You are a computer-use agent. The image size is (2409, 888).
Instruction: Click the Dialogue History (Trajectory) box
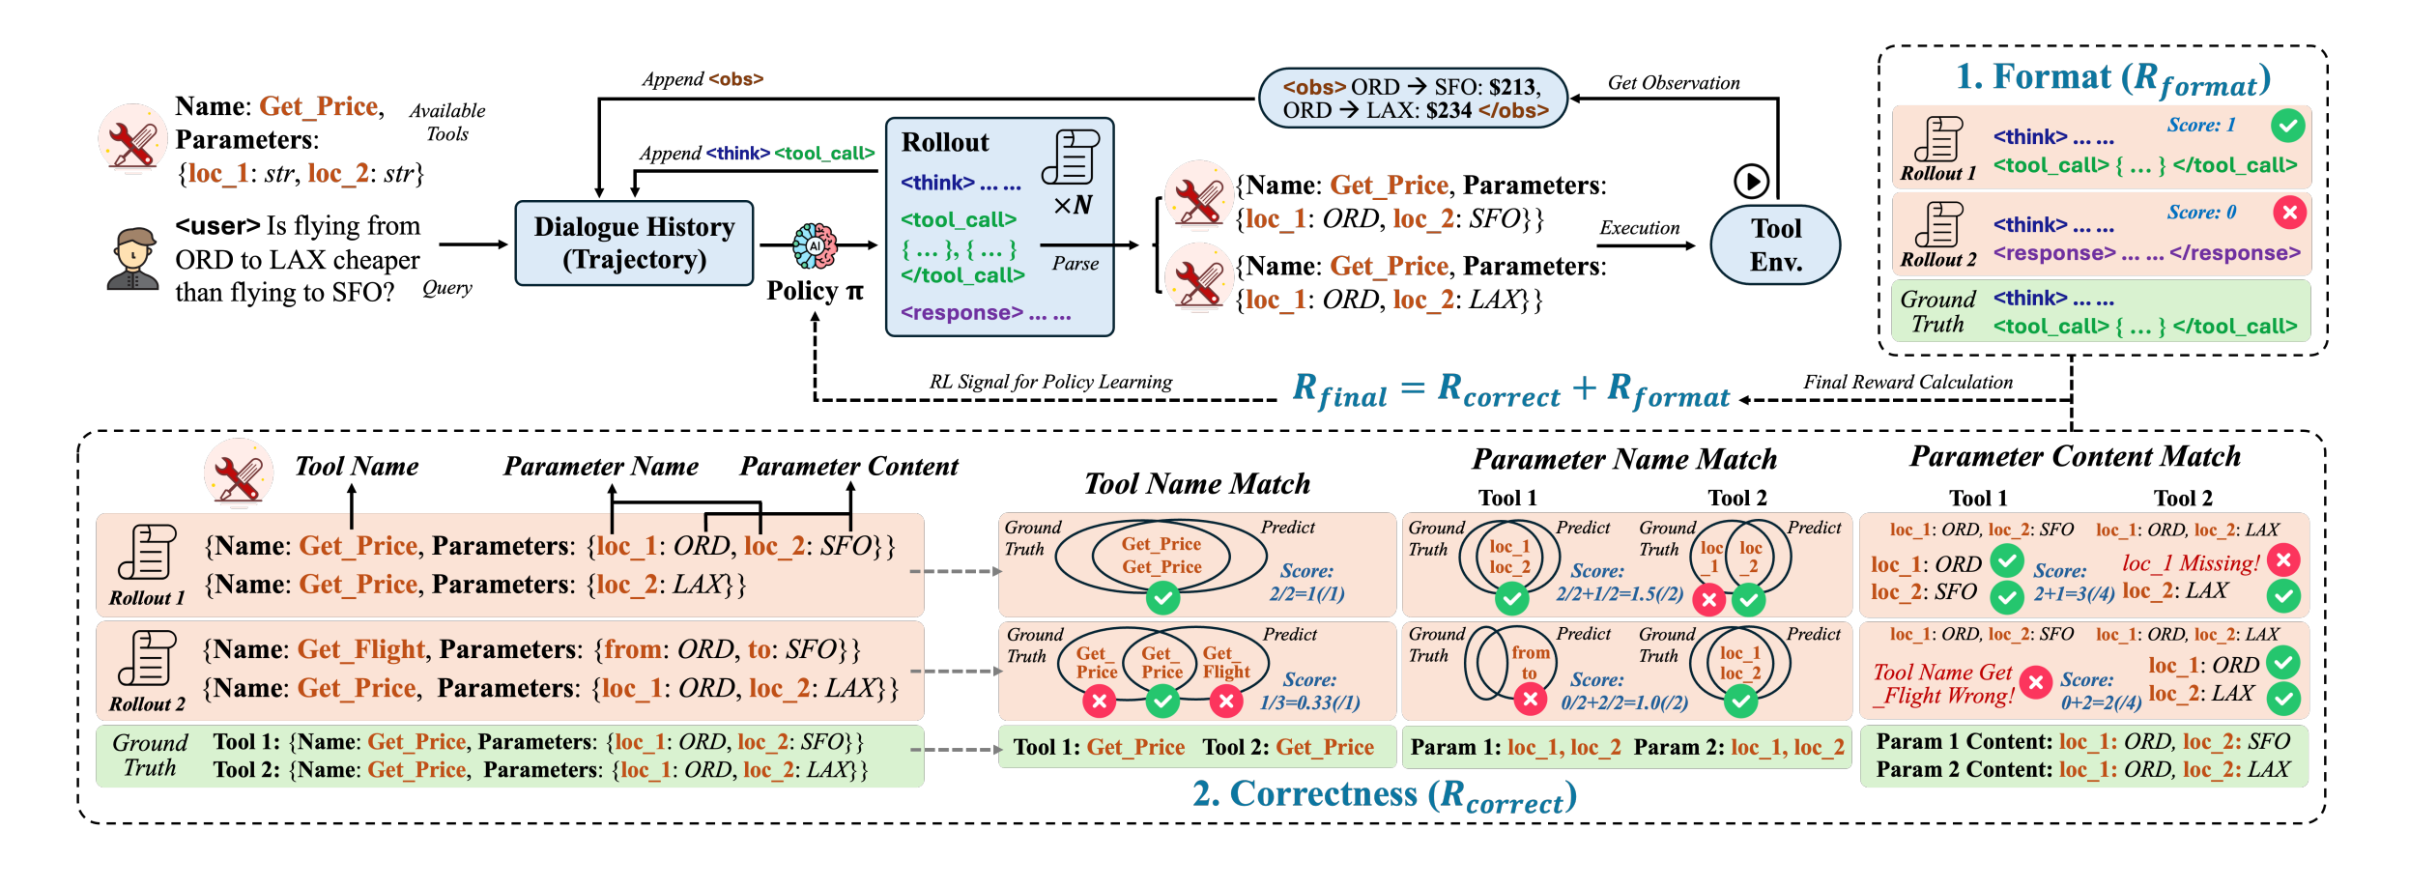click(634, 243)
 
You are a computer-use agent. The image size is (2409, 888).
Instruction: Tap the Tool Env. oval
click(1775, 244)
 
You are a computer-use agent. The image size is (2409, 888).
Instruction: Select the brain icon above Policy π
click(815, 245)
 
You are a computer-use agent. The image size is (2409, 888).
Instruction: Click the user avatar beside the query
click(132, 259)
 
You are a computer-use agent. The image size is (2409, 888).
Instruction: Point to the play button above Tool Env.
click(1751, 181)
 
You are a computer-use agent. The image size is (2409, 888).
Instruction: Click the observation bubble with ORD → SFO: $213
click(1412, 99)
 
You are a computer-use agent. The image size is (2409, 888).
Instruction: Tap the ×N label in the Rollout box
click(1073, 205)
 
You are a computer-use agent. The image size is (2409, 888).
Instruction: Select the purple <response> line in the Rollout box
click(986, 313)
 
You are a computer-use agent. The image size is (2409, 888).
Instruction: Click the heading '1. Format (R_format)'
click(2112, 78)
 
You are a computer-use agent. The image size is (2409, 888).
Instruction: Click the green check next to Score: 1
click(2287, 125)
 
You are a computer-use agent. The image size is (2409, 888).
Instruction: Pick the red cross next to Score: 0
click(2288, 212)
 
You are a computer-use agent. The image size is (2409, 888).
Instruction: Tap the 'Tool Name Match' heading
click(1196, 483)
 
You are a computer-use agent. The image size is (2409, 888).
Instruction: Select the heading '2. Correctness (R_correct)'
click(1384, 794)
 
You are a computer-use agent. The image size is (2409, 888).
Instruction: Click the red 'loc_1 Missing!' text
click(2190, 563)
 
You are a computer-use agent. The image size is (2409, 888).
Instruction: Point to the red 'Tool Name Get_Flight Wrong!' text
click(1943, 684)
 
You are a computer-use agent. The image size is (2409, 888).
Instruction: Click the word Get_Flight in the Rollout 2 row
click(360, 649)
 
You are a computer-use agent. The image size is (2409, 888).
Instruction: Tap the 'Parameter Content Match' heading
click(2075, 456)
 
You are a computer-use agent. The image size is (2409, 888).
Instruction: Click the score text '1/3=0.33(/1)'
click(1309, 702)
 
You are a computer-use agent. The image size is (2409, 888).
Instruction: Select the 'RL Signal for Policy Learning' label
click(1050, 382)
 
